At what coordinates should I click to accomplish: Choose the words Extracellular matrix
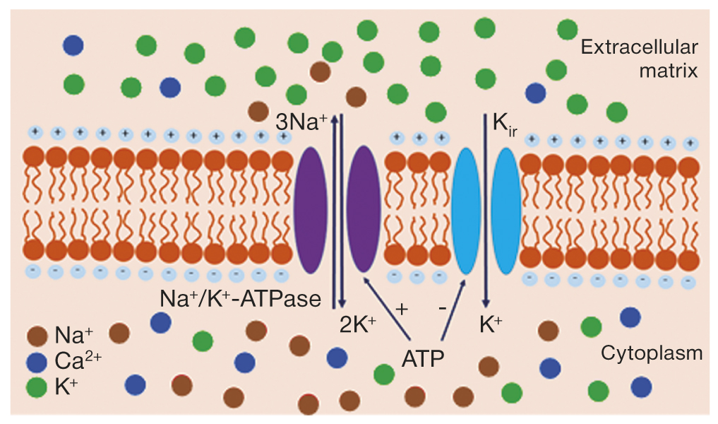[638, 59]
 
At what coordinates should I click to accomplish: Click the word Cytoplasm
[651, 353]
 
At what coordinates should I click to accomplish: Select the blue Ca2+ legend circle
[37, 362]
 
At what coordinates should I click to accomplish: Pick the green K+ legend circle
[37, 388]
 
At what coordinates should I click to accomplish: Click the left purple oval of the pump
[312, 209]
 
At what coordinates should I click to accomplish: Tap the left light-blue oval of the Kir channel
[467, 211]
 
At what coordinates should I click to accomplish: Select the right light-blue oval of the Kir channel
[505, 211]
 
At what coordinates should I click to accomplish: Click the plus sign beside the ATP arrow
[402, 309]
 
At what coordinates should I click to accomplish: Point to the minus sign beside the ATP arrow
[441, 309]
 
